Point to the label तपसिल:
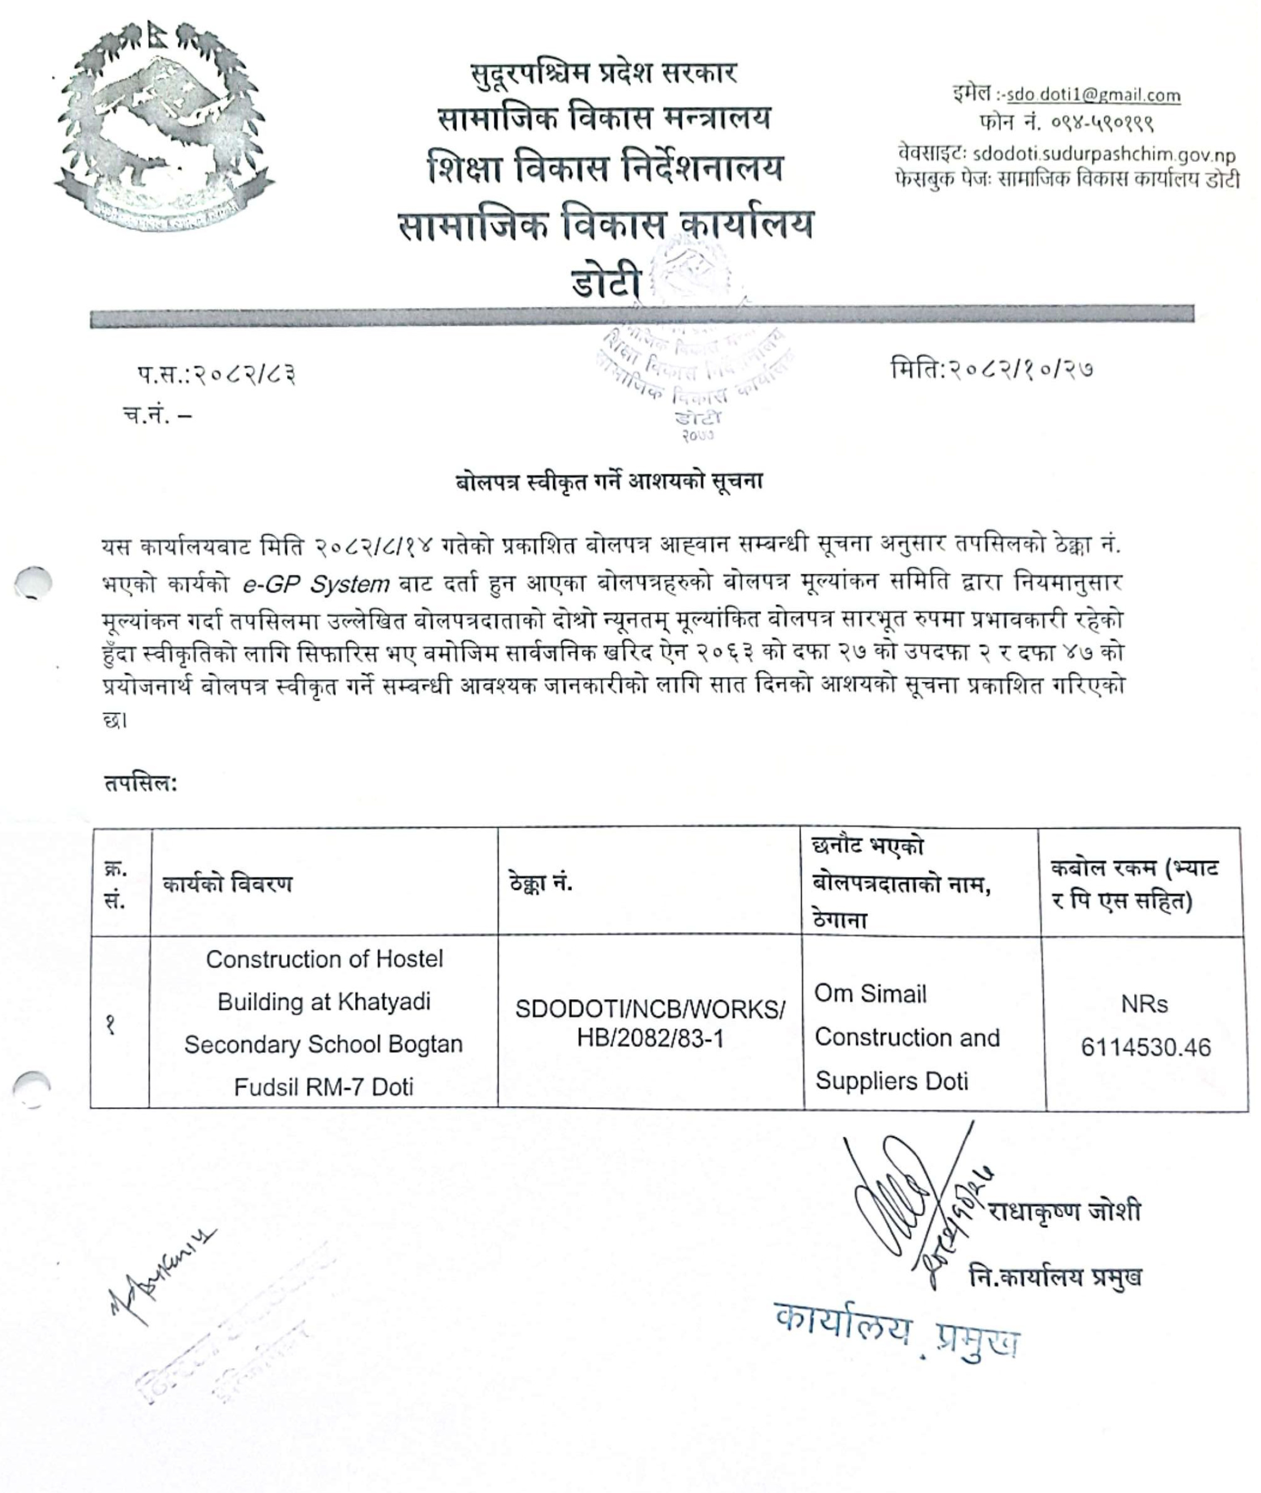[140, 784]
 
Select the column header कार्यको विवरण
[227, 885]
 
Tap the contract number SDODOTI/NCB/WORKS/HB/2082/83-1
[650, 1024]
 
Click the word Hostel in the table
[409, 959]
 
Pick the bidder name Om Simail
[870, 994]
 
